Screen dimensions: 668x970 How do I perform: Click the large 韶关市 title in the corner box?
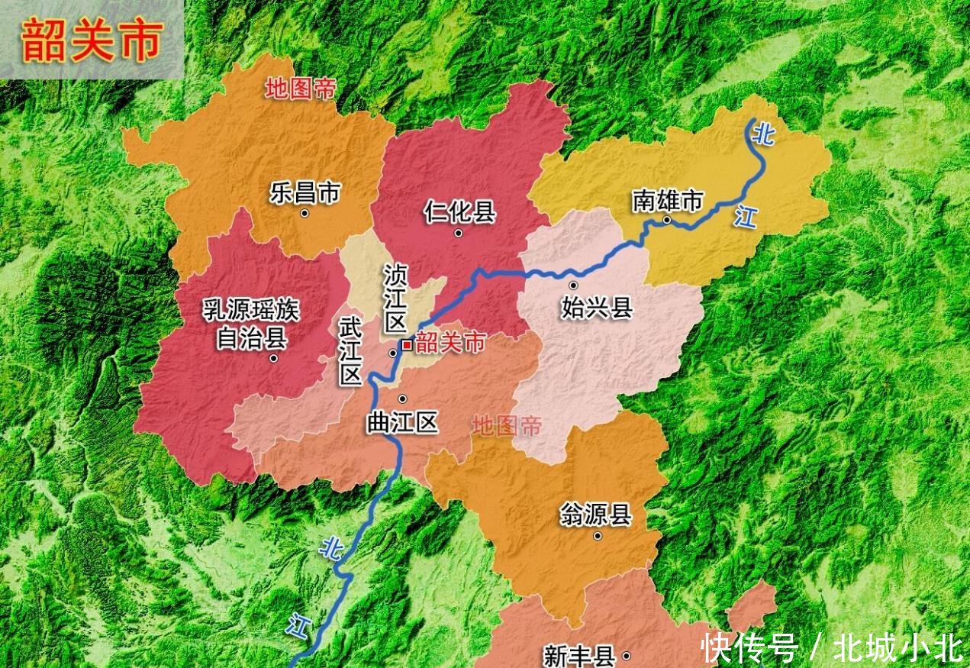[92, 41]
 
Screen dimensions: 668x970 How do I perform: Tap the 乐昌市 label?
[305, 193]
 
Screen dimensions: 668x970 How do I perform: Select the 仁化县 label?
[459, 211]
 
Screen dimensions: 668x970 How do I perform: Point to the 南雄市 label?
[667, 201]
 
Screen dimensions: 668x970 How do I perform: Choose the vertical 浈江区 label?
[395, 299]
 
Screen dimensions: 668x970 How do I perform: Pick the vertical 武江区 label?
[350, 351]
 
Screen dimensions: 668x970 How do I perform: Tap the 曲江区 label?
[403, 422]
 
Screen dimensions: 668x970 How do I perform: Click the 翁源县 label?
[596, 515]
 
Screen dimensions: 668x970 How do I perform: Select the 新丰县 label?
[579, 655]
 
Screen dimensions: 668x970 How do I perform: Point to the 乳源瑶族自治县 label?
[251, 324]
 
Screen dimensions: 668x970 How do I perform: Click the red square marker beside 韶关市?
[407, 345]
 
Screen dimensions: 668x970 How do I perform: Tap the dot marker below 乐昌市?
[305, 214]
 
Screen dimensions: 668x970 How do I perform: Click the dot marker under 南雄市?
[666, 220]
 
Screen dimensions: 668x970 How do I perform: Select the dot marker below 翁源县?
[598, 536]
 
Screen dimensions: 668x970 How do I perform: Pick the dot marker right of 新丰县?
[627, 656]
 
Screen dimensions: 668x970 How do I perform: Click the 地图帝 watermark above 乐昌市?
[301, 89]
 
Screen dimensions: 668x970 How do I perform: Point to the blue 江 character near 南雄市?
[745, 217]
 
